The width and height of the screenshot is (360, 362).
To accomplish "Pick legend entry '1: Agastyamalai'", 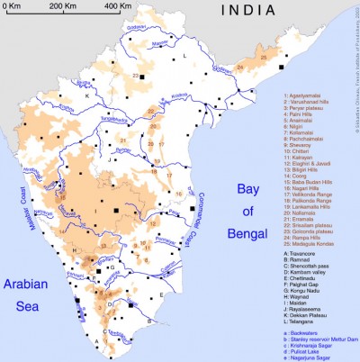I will [x=307, y=95].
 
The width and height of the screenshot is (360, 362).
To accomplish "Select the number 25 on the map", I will [x=262, y=58].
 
